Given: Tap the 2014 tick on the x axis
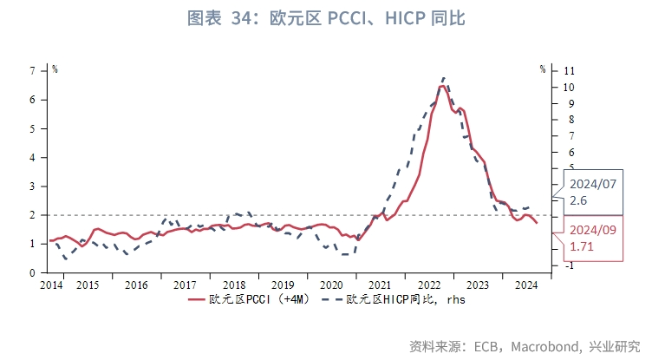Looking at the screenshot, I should pyautogui.click(x=51, y=285).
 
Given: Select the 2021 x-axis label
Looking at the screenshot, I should pyautogui.click(x=378, y=285).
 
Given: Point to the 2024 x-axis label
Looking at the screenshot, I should pyautogui.click(x=525, y=285).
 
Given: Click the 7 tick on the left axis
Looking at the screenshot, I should pyautogui.click(x=32, y=70).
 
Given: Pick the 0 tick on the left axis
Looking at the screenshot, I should pyautogui.click(x=32, y=272).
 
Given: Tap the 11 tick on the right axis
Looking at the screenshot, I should pyautogui.click(x=568, y=70).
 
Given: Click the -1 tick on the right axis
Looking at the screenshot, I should pyautogui.click(x=568, y=265).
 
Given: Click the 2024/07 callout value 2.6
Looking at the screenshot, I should pyautogui.click(x=578, y=200).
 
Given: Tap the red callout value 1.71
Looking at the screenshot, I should pyautogui.click(x=583, y=247).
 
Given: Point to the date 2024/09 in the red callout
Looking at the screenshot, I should pyautogui.click(x=592, y=231).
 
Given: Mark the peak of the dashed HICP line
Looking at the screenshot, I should pyautogui.click(x=444, y=77).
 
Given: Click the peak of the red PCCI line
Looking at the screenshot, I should pyautogui.click(x=443, y=86).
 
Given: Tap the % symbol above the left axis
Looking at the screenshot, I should pyautogui.click(x=54, y=69).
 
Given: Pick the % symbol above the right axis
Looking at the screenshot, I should pyautogui.click(x=542, y=69).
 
